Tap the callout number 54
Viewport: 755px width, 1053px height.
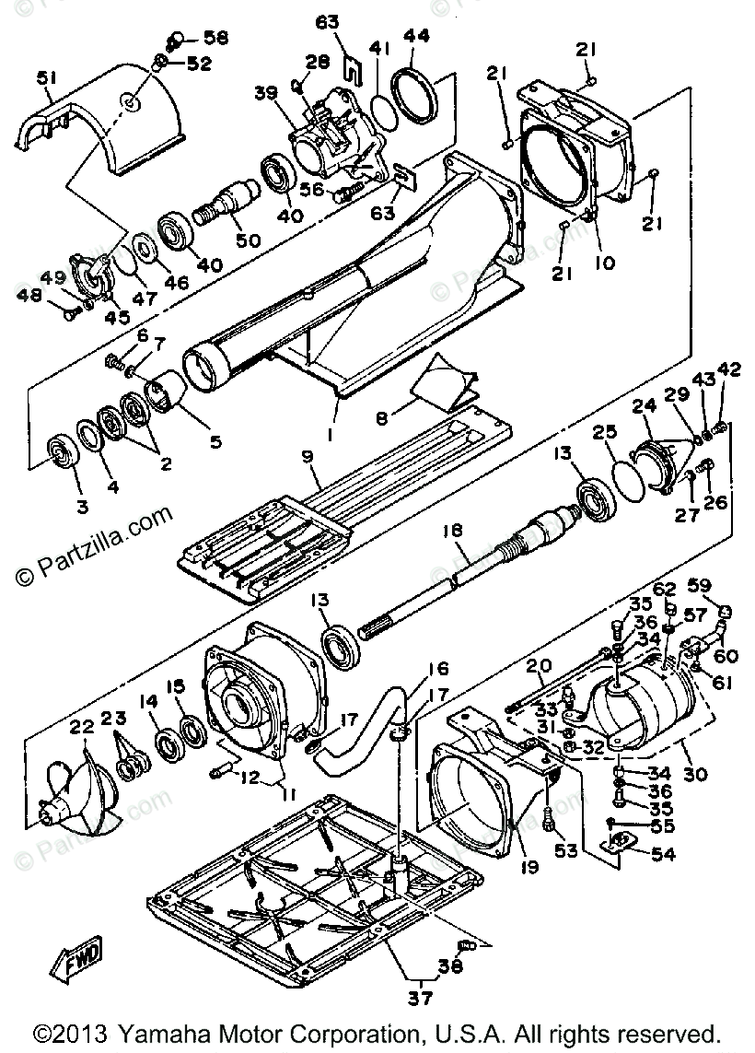coord(662,854)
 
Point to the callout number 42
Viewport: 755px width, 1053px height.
coord(728,370)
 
